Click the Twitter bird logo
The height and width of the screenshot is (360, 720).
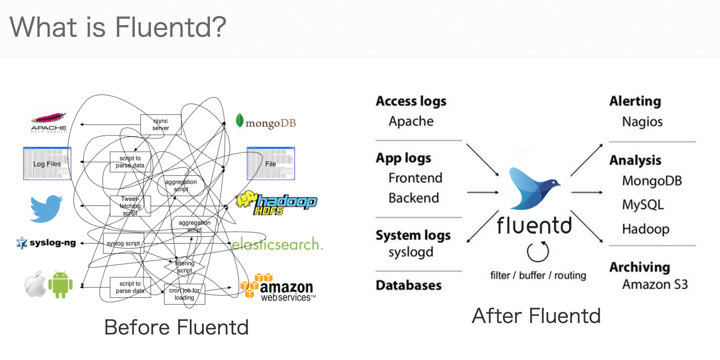tap(46, 208)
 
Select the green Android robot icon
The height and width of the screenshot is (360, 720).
tap(60, 284)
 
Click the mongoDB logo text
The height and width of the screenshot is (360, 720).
tap(270, 123)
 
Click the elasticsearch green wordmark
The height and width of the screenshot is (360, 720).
tap(277, 244)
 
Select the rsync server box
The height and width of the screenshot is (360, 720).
tap(160, 125)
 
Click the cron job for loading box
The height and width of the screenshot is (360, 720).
tap(184, 294)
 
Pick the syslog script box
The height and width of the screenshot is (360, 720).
tap(123, 244)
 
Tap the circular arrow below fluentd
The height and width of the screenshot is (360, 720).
tap(538, 252)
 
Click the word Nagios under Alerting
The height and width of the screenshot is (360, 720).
tap(642, 122)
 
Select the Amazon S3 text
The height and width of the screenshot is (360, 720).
tap(655, 284)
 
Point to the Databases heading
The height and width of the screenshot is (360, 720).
tap(408, 285)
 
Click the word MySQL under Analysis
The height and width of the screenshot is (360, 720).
tap(643, 204)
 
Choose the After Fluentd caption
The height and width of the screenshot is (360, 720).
tap(536, 316)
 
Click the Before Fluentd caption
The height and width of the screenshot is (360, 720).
tap(176, 327)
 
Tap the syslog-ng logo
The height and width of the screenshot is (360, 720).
tap(46, 243)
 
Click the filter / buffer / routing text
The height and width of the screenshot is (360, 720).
tap(538, 276)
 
